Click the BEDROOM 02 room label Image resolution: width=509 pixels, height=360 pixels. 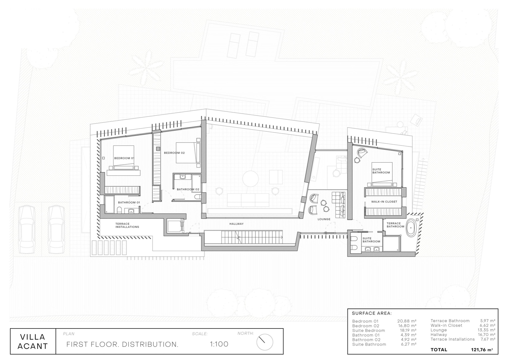tap(174, 153)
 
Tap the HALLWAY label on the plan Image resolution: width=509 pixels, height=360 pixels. tap(236, 224)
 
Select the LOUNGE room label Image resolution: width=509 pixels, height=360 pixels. tap(324, 219)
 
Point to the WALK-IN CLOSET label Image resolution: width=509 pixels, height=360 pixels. tap(384, 202)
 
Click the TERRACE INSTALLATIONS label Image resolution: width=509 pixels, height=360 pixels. tap(127, 225)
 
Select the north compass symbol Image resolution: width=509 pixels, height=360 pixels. tap(265, 342)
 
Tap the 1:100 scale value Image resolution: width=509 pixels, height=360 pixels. tap(219, 344)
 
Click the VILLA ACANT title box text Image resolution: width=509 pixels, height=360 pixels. tap(33, 341)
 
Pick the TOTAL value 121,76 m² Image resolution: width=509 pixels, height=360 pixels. tap(482, 350)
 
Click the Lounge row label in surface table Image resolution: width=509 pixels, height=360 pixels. tap(439, 330)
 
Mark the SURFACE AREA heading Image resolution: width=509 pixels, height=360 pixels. tap(371, 313)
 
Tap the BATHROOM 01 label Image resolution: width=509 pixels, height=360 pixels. tap(129, 202)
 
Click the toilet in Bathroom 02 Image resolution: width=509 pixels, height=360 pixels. tap(197, 197)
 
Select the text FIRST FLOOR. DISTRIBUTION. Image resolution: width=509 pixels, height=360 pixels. tap(122, 344)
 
